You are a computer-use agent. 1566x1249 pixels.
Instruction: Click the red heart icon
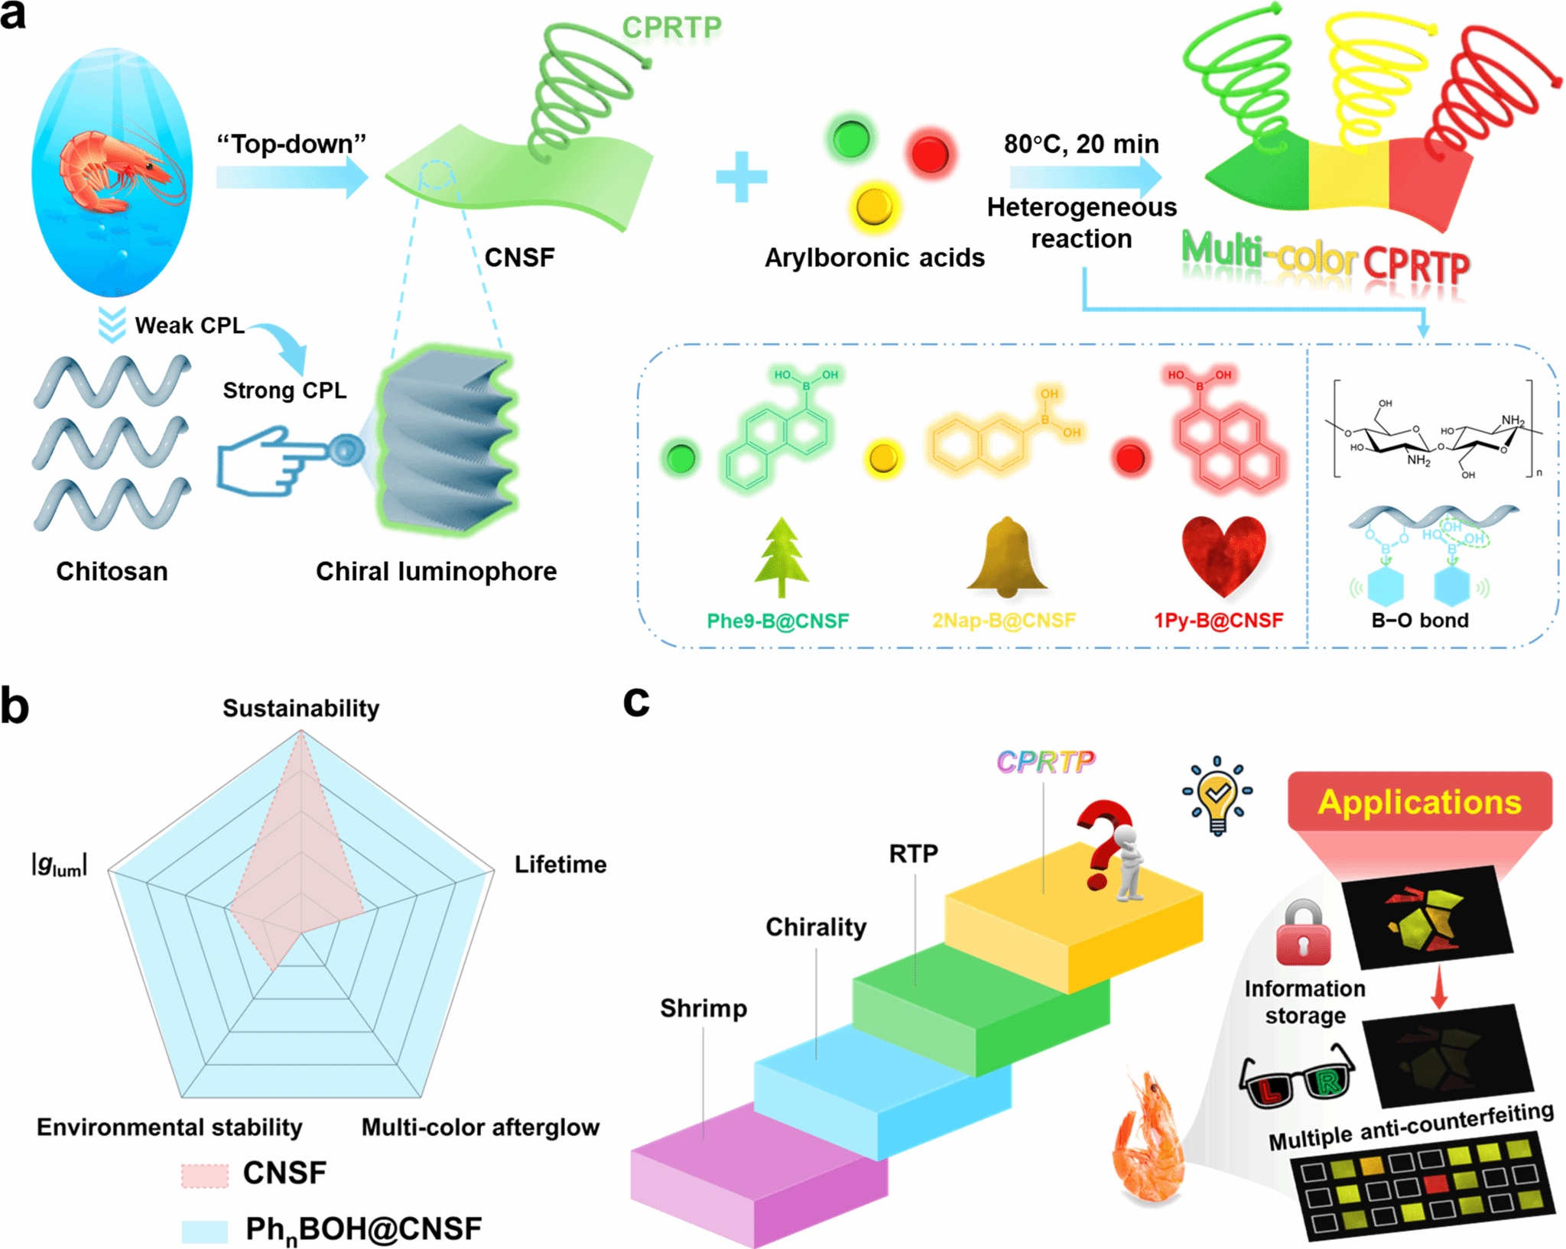[x=1223, y=554]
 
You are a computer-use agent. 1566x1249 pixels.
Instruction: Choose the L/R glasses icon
[x=1297, y=1079]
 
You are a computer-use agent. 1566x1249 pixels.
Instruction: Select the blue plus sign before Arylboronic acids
[x=741, y=177]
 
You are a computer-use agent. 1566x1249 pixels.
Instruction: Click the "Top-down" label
[x=291, y=144]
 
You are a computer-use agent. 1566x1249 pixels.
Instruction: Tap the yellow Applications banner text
[x=1419, y=803]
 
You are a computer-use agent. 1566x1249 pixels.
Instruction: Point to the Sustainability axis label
[x=301, y=708]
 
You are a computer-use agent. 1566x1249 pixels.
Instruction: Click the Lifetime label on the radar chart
[x=560, y=864]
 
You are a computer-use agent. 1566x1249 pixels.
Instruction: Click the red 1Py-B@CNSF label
[x=1218, y=620]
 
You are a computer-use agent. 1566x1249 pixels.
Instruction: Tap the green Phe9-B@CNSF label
[x=778, y=620]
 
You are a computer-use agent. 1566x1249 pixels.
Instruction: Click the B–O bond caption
[x=1420, y=620]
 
